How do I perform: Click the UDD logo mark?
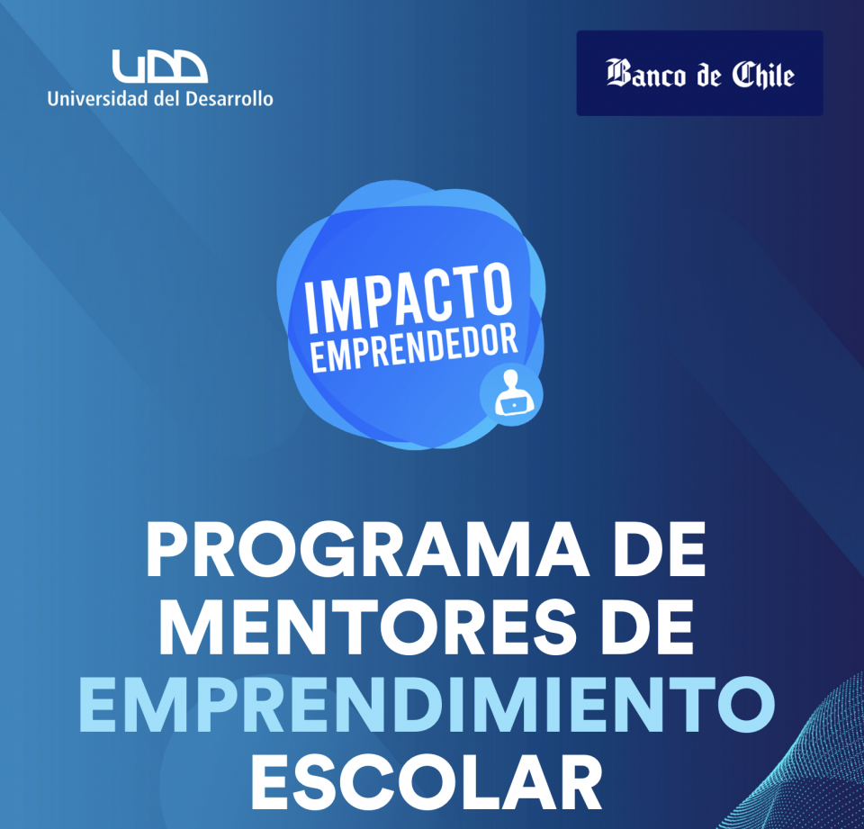tap(160, 67)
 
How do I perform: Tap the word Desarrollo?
tap(229, 99)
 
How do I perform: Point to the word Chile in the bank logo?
tap(763, 75)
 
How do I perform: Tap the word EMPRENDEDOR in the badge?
tap(414, 347)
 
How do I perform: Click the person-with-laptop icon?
tap(512, 393)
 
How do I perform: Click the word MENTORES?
tap(363, 626)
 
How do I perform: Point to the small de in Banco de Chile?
tap(709, 77)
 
